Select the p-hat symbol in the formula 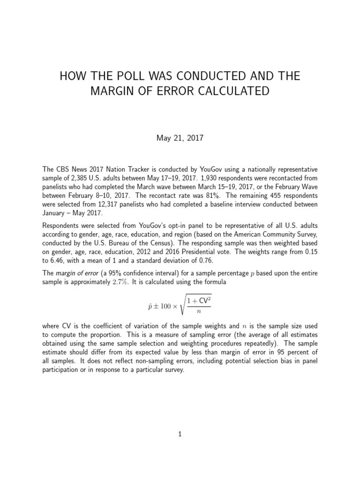click(x=150, y=304)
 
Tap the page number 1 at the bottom click(x=180, y=434)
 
